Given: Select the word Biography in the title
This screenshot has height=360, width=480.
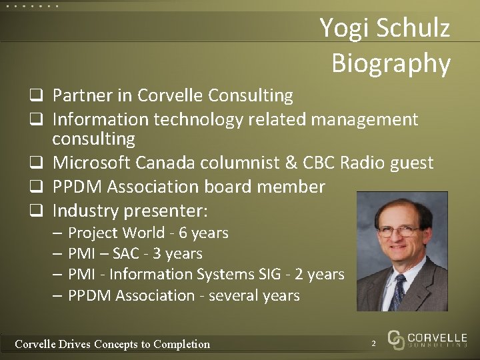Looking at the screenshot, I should [391, 63].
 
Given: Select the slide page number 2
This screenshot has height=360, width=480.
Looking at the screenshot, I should [374, 343].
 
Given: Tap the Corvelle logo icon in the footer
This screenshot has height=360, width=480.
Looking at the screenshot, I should [396, 340].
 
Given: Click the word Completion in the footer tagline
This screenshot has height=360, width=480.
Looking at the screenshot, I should [181, 344].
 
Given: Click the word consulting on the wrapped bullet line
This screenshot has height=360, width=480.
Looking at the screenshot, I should [93, 139].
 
